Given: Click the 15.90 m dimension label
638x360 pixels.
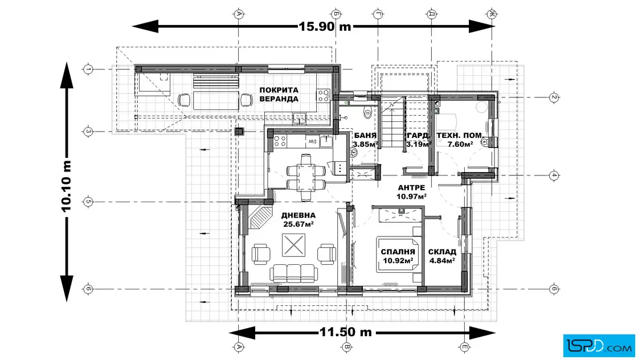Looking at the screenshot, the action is pyautogui.click(x=325, y=26).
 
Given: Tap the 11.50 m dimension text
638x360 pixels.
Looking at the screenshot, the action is pyautogui.click(x=345, y=332).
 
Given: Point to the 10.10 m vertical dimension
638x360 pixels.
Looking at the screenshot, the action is pyautogui.click(x=67, y=186).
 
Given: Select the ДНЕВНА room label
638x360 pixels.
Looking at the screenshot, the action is pyautogui.click(x=298, y=215).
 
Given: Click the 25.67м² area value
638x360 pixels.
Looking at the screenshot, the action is pyautogui.click(x=298, y=224).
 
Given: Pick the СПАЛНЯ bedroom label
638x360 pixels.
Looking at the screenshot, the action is pyautogui.click(x=398, y=252).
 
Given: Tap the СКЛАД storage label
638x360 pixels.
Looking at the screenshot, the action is pyautogui.click(x=442, y=252).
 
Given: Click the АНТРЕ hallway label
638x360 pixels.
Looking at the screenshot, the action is pyautogui.click(x=411, y=187).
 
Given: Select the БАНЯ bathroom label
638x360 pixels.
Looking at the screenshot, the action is pyautogui.click(x=365, y=136).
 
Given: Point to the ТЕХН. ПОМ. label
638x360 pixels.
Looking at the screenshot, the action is pyautogui.click(x=460, y=136).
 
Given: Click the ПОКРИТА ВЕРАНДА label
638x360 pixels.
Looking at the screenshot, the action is pyautogui.click(x=279, y=95).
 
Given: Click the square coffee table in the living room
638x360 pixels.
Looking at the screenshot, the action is pyautogui.click(x=293, y=245).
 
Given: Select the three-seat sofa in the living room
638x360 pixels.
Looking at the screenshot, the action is pyautogui.click(x=294, y=273).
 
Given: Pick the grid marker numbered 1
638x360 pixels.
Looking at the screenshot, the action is pyautogui.click(x=88, y=69).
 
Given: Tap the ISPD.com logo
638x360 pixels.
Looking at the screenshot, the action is pyautogui.click(x=599, y=346).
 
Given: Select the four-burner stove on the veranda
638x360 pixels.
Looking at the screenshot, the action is pyautogui.click(x=324, y=96).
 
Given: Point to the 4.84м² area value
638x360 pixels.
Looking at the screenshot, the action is pyautogui.click(x=441, y=261).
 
